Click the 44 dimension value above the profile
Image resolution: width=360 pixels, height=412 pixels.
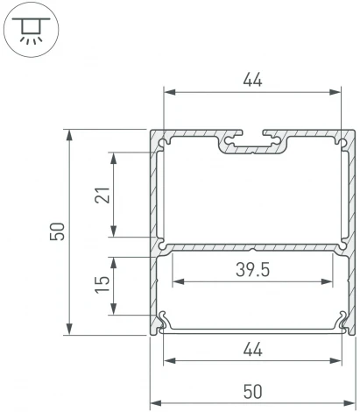pyautogui.click(x=252, y=80)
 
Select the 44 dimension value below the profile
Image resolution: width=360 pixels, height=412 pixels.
pyautogui.click(x=252, y=349)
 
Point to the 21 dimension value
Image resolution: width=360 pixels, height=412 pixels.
pyautogui.click(x=103, y=195)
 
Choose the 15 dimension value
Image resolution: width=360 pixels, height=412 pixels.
pyautogui.click(x=103, y=285)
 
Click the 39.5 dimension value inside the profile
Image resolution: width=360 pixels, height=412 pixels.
pyautogui.click(x=252, y=270)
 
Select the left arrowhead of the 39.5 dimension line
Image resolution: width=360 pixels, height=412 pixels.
pyautogui.click(x=176, y=282)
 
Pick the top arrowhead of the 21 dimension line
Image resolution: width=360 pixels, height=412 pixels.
pyautogui.click(x=114, y=156)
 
